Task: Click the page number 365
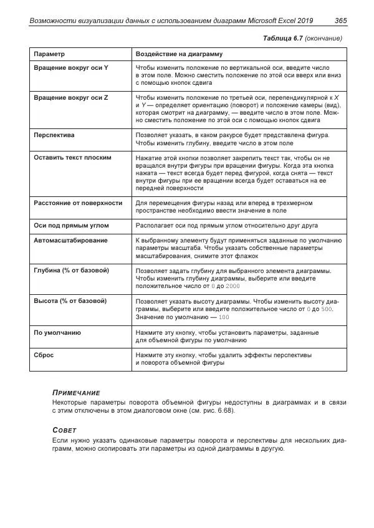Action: [340, 21]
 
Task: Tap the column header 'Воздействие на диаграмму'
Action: [179, 54]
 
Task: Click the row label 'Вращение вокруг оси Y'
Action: [70, 67]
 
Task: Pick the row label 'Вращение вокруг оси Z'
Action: [70, 98]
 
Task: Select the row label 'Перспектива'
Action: [54, 135]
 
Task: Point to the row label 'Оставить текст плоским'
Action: [72, 158]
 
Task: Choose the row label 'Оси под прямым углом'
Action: [71, 225]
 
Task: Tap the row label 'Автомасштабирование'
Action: [70, 240]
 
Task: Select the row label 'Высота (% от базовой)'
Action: [70, 301]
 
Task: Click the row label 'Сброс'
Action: [44, 355]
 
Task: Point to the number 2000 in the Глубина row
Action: [233, 286]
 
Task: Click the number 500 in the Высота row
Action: [327, 309]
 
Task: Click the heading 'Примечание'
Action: [76, 392]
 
